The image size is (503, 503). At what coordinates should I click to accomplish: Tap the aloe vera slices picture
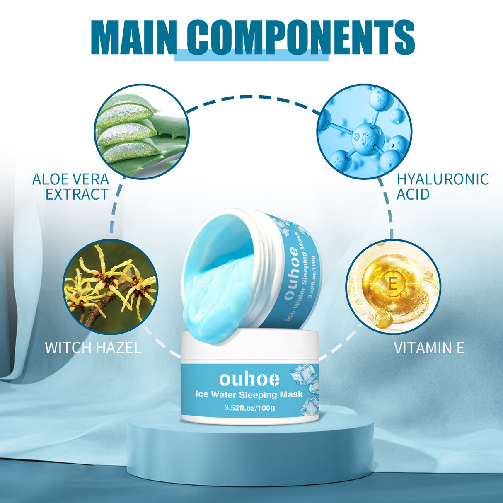(x=142, y=131)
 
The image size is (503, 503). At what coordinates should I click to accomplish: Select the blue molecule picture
(x=364, y=131)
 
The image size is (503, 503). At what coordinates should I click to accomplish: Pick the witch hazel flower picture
(x=111, y=287)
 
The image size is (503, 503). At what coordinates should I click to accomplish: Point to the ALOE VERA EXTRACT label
(x=71, y=186)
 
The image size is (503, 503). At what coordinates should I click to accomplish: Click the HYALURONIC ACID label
(x=442, y=186)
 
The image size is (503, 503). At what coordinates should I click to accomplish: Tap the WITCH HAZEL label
(x=93, y=347)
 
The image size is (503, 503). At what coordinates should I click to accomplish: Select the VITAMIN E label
(x=429, y=348)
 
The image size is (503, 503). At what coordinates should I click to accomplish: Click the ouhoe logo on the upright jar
(x=249, y=379)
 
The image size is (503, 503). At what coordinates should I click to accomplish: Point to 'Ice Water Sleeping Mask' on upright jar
(x=249, y=394)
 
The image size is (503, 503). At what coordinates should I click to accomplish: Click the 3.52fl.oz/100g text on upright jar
(x=249, y=408)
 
